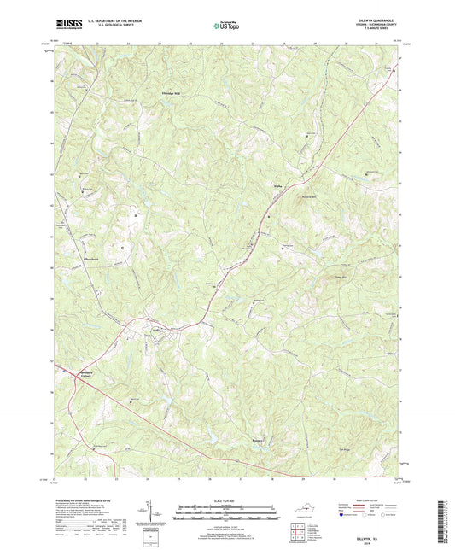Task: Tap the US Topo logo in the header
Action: coord(225,26)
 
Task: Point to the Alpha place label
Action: coord(277,183)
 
